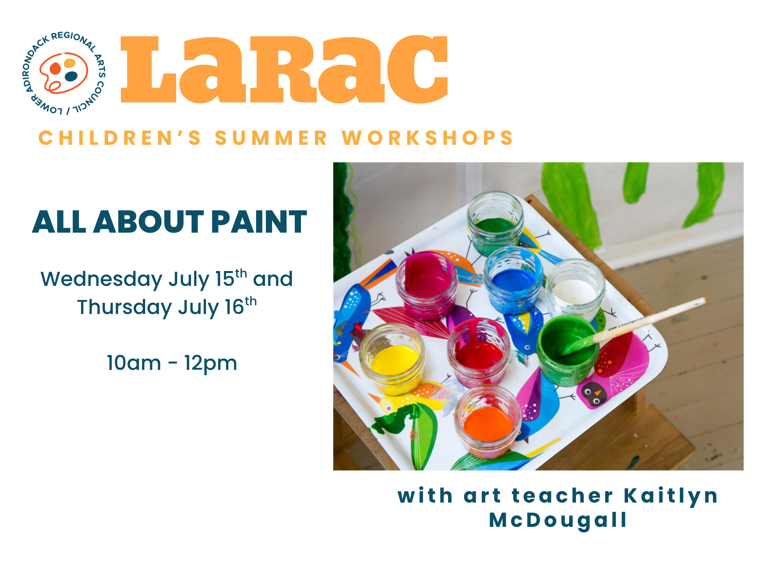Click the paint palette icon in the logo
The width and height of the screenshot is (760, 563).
(x=63, y=73)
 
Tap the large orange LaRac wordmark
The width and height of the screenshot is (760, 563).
(x=284, y=69)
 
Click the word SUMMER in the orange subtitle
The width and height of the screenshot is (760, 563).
(x=271, y=138)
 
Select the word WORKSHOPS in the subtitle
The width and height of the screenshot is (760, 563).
(x=427, y=138)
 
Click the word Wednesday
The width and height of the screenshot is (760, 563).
(x=101, y=279)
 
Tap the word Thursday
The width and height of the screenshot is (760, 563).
(x=124, y=308)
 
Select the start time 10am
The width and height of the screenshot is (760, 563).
(x=134, y=363)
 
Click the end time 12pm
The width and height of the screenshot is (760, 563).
(x=211, y=363)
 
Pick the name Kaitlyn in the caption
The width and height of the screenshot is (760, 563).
(x=671, y=496)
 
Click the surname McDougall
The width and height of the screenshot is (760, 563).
(x=558, y=520)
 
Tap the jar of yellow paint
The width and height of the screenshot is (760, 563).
(x=393, y=359)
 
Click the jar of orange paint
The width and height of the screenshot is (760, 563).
(x=488, y=422)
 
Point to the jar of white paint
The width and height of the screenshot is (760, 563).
(x=575, y=291)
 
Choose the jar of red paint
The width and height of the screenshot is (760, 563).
(x=478, y=352)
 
